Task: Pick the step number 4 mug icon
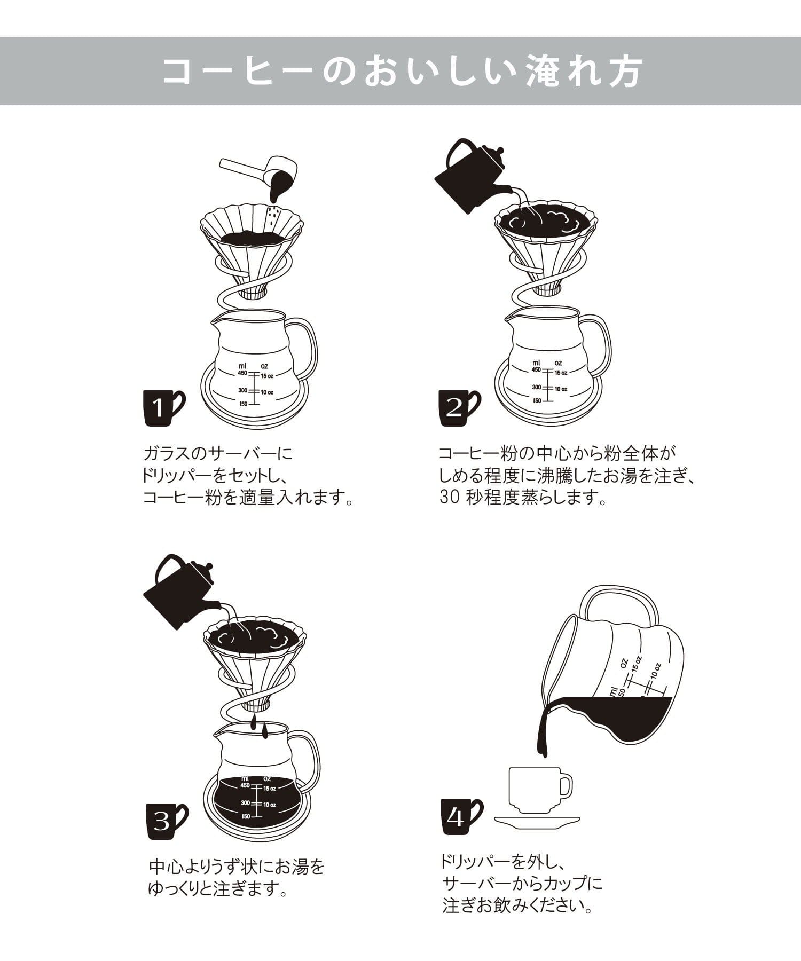click(x=461, y=817)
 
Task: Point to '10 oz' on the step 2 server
click(x=560, y=389)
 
